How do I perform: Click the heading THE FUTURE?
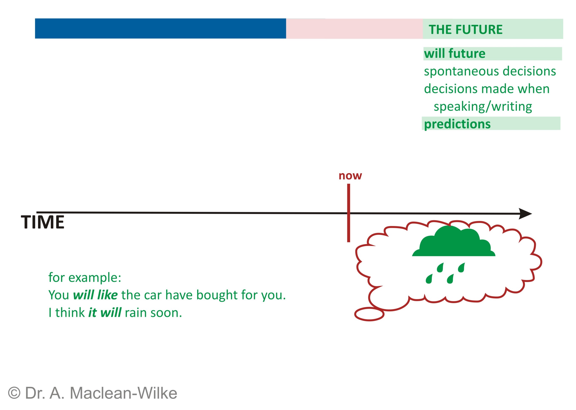click(x=465, y=30)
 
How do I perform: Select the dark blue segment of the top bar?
click(x=160, y=29)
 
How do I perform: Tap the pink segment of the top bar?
click(x=354, y=29)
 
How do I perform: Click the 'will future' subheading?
click(x=454, y=53)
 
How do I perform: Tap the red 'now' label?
click(x=350, y=176)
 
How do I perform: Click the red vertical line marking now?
click(x=349, y=213)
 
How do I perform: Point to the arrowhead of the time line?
click(x=525, y=214)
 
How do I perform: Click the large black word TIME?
click(x=43, y=222)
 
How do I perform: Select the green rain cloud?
click(x=453, y=241)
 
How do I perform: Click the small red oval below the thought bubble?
click(x=369, y=314)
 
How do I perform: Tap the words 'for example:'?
click(x=85, y=278)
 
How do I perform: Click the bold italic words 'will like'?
click(x=95, y=295)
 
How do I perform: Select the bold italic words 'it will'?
click(x=105, y=313)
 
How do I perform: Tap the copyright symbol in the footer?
click(x=14, y=393)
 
